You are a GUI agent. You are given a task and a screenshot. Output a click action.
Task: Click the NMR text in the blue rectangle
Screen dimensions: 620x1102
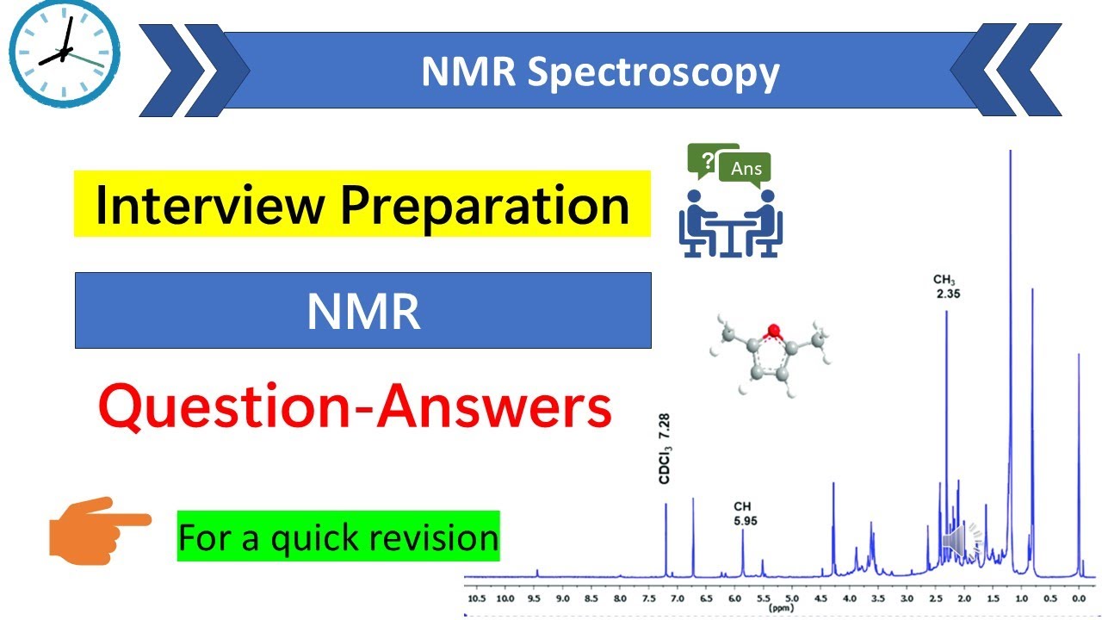click(363, 312)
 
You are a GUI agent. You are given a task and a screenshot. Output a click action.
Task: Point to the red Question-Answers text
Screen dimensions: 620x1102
click(355, 408)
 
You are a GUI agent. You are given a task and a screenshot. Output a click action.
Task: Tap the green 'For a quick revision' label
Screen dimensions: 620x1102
click(338, 537)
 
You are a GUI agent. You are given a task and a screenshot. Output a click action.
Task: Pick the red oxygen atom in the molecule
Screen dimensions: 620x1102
click(773, 330)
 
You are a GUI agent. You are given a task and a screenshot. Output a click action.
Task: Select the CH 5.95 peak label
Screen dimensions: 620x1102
click(743, 513)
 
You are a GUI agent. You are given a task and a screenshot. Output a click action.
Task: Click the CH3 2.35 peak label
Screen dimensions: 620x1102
click(946, 287)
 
